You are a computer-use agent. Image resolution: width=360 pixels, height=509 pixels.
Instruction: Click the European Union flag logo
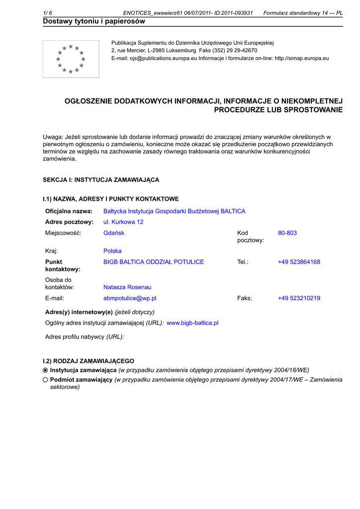pos(71,59)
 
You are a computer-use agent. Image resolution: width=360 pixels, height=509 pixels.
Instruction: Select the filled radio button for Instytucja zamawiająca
pos(45,370)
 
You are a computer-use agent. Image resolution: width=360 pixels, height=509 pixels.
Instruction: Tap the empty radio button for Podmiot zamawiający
pos(45,380)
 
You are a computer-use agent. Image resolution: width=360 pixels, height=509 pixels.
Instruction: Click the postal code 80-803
pos(287,233)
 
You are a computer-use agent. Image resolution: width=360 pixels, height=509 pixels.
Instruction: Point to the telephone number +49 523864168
pos(299,262)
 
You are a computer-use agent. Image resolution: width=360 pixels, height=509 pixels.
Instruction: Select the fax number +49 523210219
pos(299,298)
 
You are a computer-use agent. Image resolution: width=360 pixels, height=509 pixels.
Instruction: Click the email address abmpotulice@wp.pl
pos(130,298)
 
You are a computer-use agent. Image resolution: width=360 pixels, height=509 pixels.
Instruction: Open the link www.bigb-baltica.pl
pos(192,323)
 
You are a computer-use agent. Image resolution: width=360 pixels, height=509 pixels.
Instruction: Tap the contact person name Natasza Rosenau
pos(127,287)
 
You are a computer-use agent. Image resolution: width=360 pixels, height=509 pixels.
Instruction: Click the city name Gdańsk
pos(114,233)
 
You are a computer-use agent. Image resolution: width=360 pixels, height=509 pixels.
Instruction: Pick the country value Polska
pos(112,251)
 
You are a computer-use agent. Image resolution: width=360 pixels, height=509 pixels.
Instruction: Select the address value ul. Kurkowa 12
pos(123,222)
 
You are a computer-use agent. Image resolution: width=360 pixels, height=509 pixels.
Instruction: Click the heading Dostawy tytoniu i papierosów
pos(94,21)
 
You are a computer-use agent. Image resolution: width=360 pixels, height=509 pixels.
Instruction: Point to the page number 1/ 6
pos(48,13)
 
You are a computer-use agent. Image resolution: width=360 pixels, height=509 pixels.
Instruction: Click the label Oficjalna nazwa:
pos(69,211)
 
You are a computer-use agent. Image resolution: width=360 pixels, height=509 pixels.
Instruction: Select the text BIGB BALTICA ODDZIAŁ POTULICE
pos(154,262)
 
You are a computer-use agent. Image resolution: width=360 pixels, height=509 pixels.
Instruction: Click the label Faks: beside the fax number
pos(245,298)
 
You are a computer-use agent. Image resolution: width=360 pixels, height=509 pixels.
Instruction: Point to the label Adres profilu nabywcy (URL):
pos(85,337)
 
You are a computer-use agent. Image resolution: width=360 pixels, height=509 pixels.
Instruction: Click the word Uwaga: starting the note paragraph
pos(53,137)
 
